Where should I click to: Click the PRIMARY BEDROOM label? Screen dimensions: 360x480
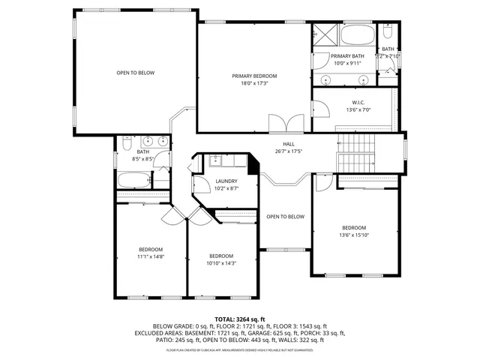click(x=254, y=76)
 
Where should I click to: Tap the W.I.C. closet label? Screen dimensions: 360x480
click(x=358, y=102)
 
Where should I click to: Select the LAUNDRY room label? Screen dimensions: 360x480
click(x=226, y=181)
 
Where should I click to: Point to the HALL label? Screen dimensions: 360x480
click(x=288, y=143)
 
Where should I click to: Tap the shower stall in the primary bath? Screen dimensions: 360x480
click(x=325, y=37)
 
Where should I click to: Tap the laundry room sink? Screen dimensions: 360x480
click(x=216, y=160)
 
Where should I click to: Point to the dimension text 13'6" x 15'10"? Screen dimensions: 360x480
click(x=354, y=235)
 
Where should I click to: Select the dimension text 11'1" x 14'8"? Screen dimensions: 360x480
click(x=150, y=256)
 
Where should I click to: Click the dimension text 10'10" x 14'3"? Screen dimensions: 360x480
click(x=221, y=263)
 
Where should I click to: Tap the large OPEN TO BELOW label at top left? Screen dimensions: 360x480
click(x=135, y=73)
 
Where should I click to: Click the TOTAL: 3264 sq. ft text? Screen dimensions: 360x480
click(x=240, y=319)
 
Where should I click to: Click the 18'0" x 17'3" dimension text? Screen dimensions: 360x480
click(x=254, y=83)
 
